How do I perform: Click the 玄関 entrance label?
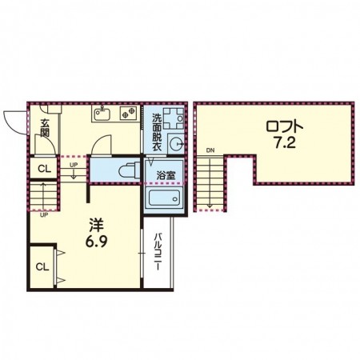coord(45,128)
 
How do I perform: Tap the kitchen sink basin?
coord(102,114)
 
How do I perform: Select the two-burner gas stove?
coord(128,113)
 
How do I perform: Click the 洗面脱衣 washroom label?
coord(157,132)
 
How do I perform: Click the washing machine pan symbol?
coord(174,118)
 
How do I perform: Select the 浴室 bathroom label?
coord(166,175)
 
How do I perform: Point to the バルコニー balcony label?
coord(158,252)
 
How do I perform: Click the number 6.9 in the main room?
coord(96,242)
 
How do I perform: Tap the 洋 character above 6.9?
coord(96,225)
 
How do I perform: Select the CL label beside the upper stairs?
coord(44,169)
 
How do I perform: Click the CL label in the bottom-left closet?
coord(42,266)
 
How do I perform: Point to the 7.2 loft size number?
coord(285,143)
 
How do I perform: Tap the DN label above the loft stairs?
coord(210,150)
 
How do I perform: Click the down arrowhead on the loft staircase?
coord(210,206)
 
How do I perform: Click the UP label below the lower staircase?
coord(44,215)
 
